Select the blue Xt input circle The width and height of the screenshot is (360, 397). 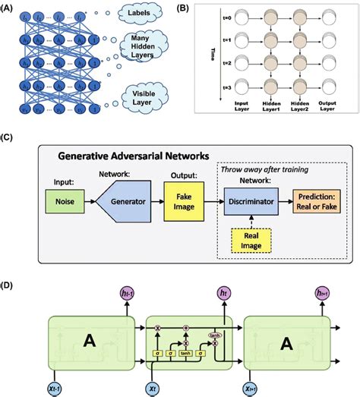[155, 385]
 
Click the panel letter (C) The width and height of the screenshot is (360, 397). [9, 138]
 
